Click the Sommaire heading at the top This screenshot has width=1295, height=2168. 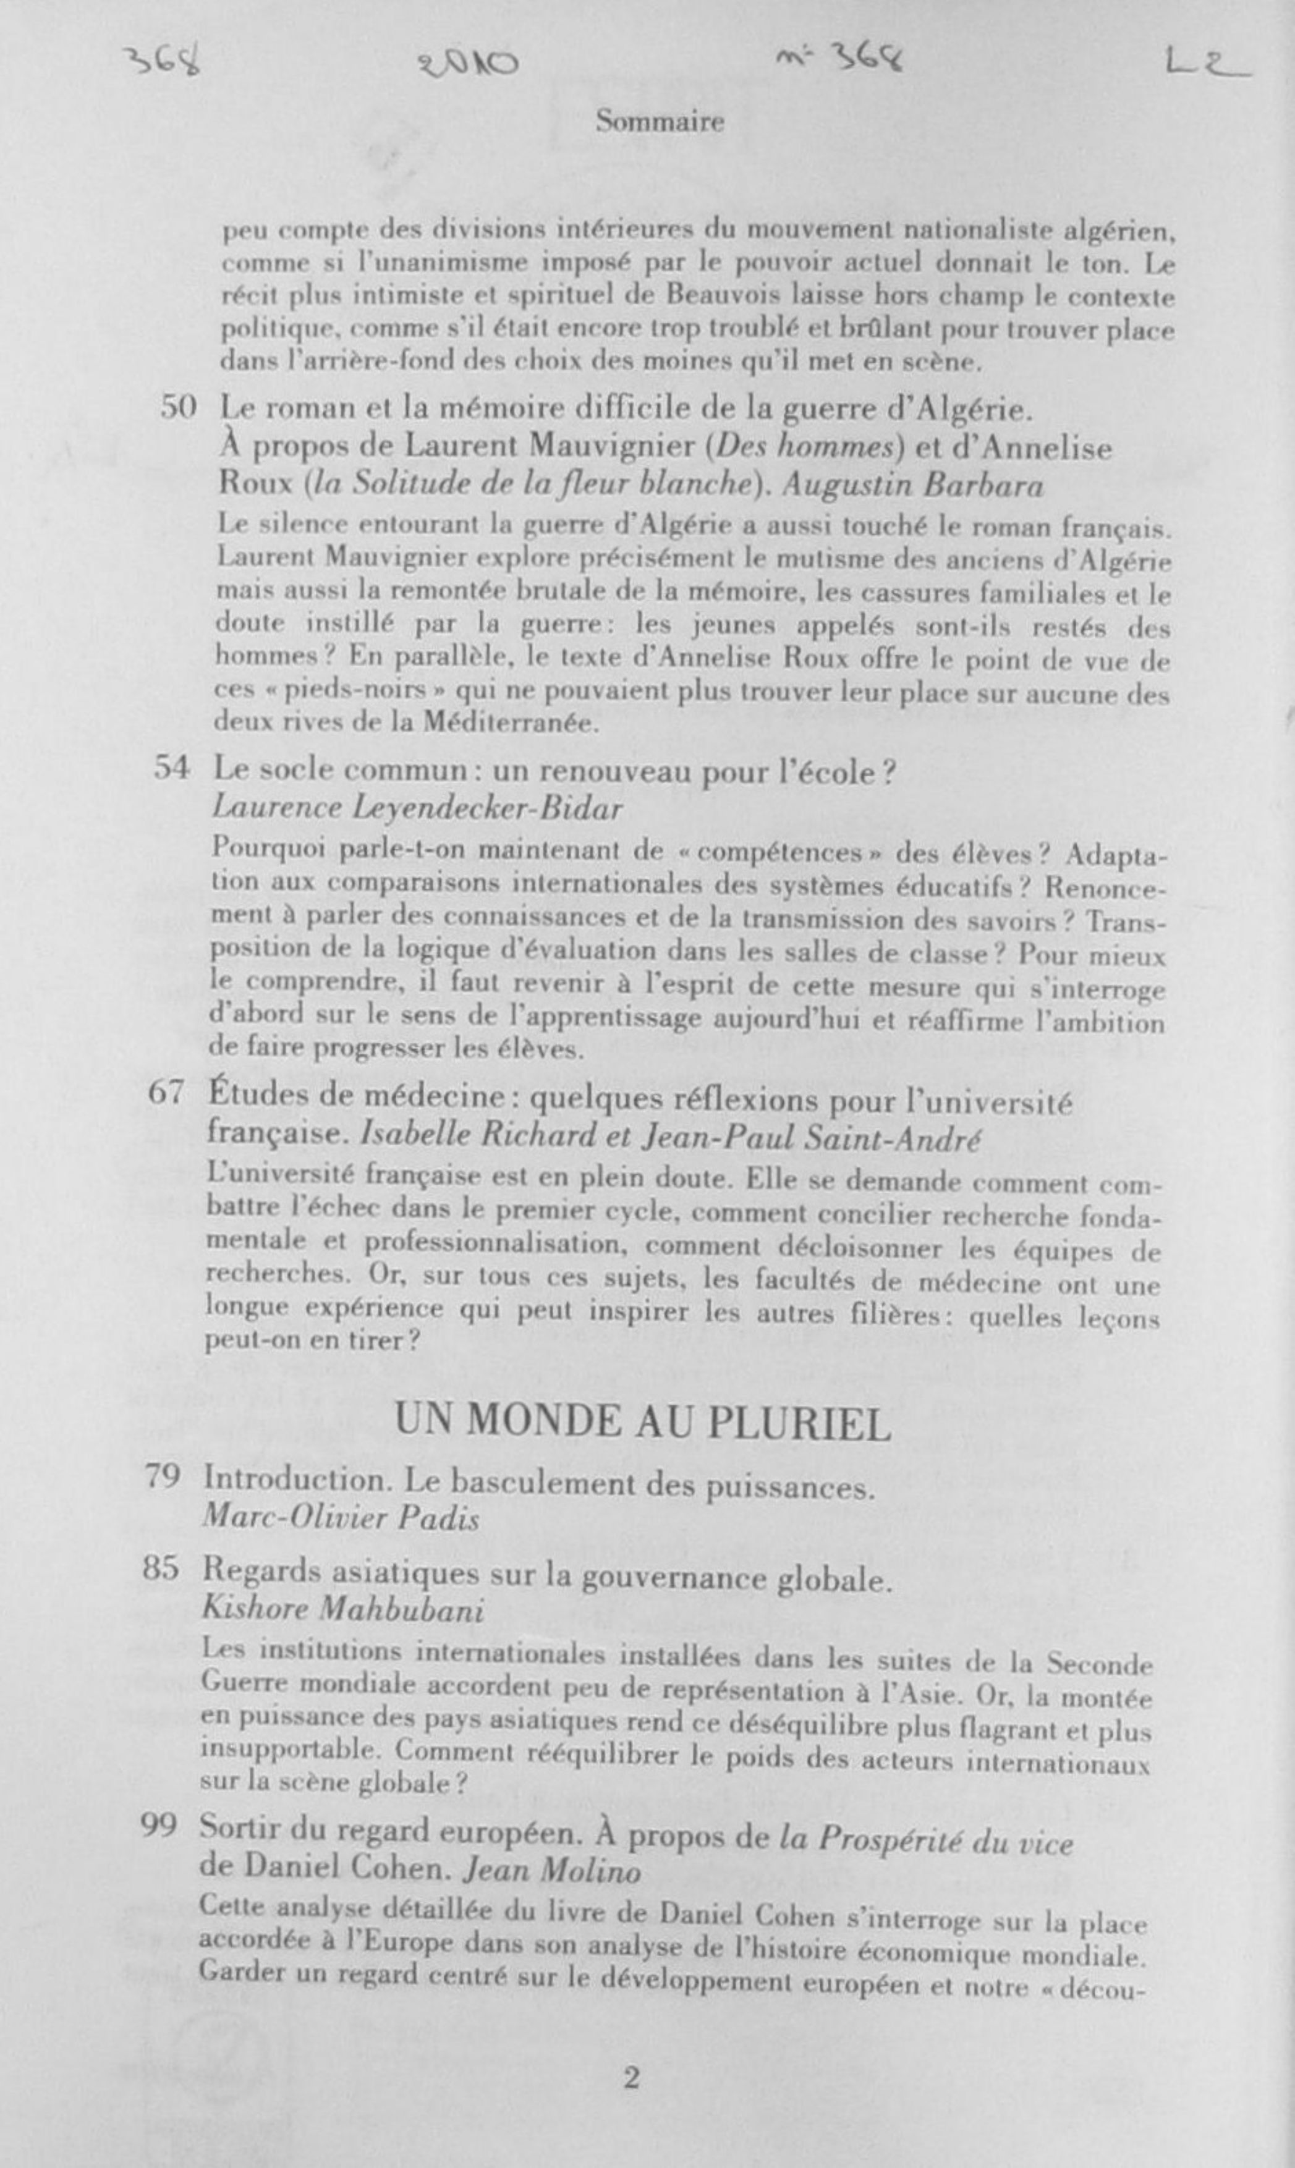pos(660,121)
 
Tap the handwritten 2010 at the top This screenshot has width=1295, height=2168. pos(469,64)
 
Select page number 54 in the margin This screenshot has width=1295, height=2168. pos(173,768)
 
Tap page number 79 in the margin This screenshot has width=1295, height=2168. pos(163,1475)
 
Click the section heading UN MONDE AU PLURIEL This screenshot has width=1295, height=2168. pos(643,1422)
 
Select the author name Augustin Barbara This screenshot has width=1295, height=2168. pos(913,485)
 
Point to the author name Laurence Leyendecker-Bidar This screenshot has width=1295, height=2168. pos(417,808)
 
